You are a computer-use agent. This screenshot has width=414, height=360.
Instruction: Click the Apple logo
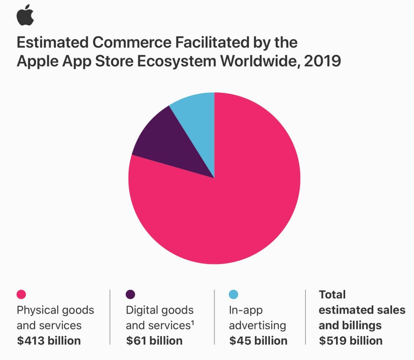click(x=25, y=15)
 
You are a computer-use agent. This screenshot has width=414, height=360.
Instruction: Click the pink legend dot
click(x=21, y=294)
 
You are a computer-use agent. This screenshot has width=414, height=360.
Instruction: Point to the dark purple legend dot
click(x=130, y=294)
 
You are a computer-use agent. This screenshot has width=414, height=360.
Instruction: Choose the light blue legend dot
click(x=233, y=294)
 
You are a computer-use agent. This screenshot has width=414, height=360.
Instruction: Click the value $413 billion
click(x=49, y=341)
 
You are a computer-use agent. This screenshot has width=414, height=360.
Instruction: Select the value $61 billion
click(x=154, y=341)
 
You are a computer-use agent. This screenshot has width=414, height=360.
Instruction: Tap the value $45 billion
click(x=258, y=341)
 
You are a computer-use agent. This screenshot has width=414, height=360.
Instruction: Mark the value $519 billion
click(x=351, y=341)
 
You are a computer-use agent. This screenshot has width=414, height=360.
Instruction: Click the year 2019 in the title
click(x=322, y=61)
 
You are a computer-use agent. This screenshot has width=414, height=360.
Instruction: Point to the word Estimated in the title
click(x=53, y=42)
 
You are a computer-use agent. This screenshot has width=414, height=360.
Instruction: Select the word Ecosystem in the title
click(x=177, y=61)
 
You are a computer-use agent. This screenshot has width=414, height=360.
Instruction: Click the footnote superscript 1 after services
click(x=193, y=323)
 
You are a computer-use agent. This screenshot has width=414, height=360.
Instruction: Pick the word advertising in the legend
click(x=257, y=326)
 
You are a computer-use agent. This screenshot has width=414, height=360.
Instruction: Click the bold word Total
click(x=332, y=295)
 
